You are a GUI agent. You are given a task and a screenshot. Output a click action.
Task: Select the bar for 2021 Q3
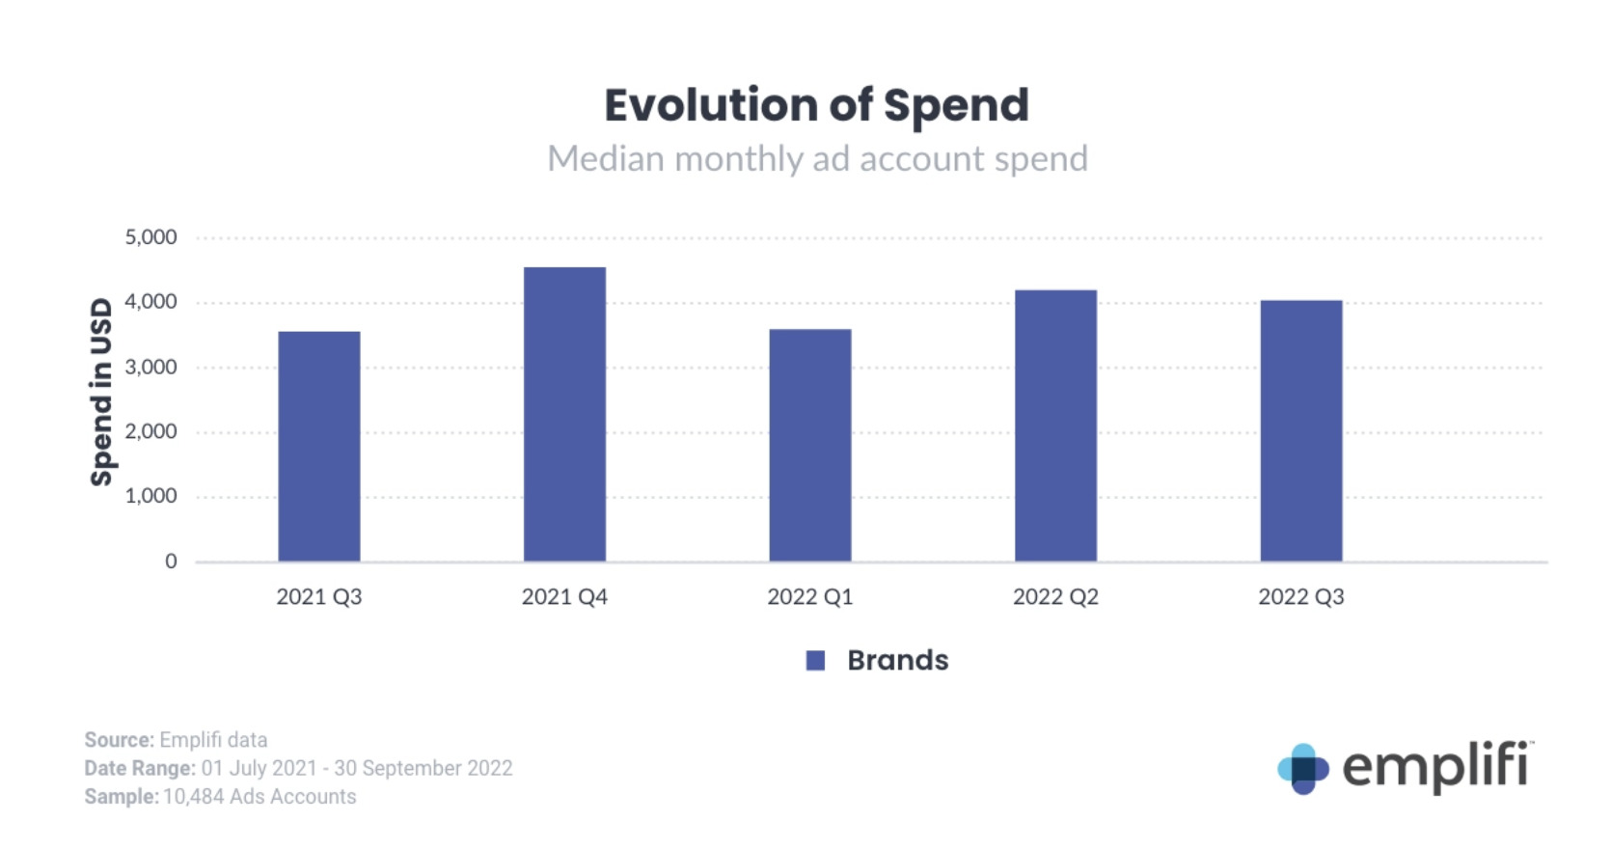click(319, 446)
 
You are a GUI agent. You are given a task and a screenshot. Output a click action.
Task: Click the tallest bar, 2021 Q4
click(564, 415)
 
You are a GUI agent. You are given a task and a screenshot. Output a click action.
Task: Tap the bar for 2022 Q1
click(810, 445)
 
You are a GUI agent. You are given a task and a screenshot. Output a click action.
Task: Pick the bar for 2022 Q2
click(1055, 425)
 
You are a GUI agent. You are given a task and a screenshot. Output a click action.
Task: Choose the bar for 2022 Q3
click(1300, 430)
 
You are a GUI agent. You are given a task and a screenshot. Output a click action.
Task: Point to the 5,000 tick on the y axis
click(151, 237)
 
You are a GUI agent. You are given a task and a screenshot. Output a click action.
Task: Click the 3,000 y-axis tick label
click(151, 368)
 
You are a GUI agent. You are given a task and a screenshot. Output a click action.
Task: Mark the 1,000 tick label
click(151, 497)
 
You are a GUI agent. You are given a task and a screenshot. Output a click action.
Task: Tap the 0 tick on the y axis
click(171, 561)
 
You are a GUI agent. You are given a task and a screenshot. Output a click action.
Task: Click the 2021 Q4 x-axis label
click(564, 597)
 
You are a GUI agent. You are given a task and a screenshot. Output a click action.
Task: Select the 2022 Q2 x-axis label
click(1055, 597)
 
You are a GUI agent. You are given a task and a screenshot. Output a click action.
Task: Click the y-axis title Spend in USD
click(101, 392)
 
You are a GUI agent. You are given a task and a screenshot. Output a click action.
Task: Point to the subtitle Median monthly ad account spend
click(817, 159)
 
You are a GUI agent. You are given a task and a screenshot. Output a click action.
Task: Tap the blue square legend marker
click(815, 661)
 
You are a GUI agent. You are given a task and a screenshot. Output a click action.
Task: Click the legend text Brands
click(897, 661)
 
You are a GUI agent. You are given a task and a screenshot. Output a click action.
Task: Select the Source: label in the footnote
click(119, 740)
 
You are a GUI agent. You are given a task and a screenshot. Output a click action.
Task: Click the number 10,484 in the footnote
click(193, 797)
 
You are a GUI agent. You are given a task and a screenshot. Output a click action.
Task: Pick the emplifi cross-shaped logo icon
click(1302, 769)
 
